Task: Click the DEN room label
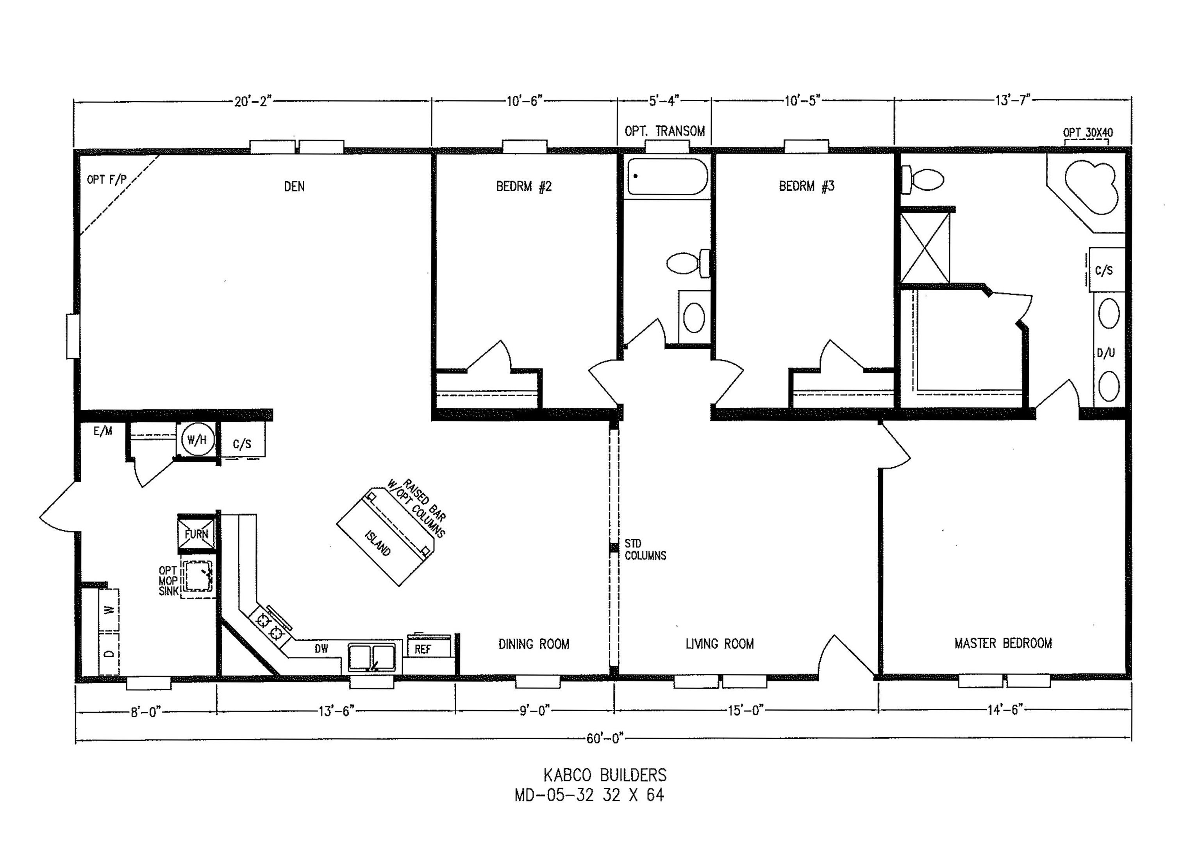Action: [294, 186]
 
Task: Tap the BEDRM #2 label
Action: [524, 186]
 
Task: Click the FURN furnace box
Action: [196, 533]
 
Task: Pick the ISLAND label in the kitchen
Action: [378, 543]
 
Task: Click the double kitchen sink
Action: [371, 658]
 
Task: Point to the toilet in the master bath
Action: [922, 179]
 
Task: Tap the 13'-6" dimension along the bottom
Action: [336, 711]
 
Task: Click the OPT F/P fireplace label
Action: [107, 180]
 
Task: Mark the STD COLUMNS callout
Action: [645, 549]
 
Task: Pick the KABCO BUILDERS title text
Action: [605, 776]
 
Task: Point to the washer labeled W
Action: [109, 610]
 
